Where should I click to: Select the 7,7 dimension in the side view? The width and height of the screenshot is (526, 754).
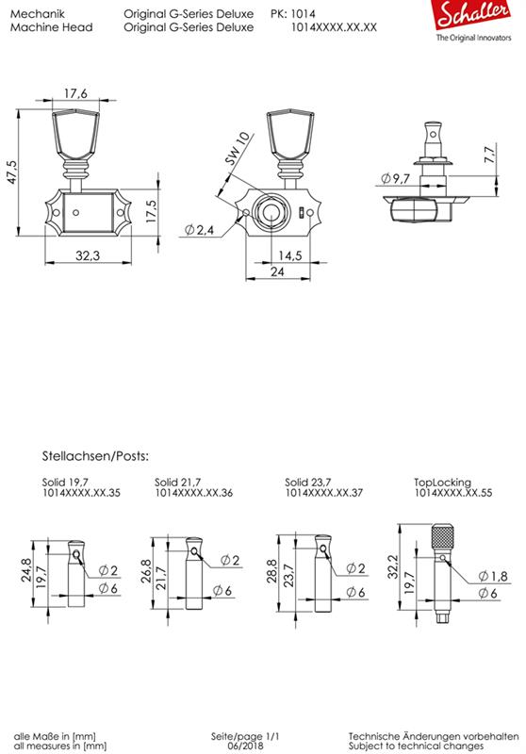click(488, 156)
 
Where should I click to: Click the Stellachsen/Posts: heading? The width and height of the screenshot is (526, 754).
click(95, 455)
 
